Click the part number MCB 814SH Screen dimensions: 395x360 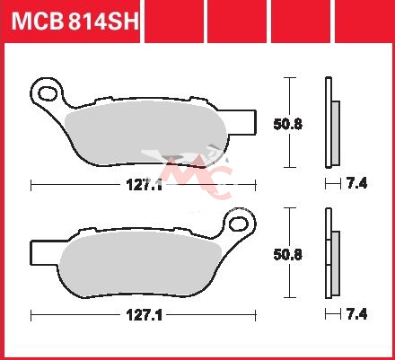coord(75,21)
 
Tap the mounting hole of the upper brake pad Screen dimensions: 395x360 coord(48,93)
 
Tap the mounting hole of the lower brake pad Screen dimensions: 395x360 coord(239,224)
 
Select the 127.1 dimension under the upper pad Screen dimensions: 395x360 coord(145,185)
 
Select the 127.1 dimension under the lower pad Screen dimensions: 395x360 coord(145,315)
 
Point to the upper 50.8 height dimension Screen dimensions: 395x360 coord(288,124)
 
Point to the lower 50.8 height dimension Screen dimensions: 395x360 coord(288,255)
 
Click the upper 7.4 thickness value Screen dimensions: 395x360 coord(356,183)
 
